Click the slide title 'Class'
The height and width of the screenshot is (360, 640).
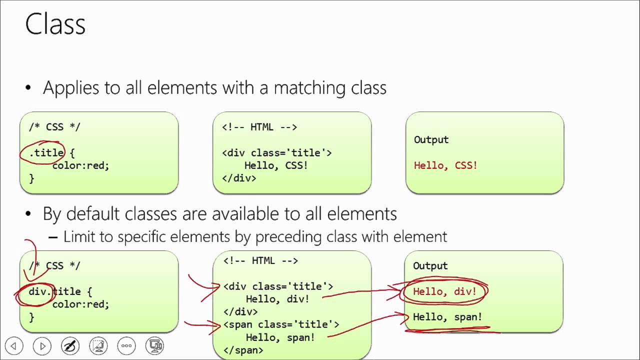(55, 24)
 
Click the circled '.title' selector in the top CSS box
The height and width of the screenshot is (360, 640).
(46, 153)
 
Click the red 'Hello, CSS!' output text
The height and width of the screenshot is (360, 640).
(445, 165)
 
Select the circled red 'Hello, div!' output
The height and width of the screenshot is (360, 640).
(445, 291)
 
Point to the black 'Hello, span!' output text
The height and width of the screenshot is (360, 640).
(447, 317)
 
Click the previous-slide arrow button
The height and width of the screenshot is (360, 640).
(14, 346)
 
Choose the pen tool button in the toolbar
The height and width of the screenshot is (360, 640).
(70, 346)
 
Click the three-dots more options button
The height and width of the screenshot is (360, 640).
(126, 346)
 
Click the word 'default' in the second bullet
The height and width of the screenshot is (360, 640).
(92, 213)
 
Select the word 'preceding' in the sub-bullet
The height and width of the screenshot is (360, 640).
(288, 237)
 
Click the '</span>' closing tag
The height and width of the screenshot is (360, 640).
(243, 350)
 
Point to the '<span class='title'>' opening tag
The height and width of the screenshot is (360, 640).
(281, 325)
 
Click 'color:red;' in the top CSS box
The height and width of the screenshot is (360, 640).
(81, 165)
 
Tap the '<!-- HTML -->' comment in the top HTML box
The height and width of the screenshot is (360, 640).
(259, 127)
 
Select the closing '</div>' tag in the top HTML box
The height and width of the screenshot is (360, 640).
(239, 178)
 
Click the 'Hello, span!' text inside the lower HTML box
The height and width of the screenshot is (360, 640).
(280, 337)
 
